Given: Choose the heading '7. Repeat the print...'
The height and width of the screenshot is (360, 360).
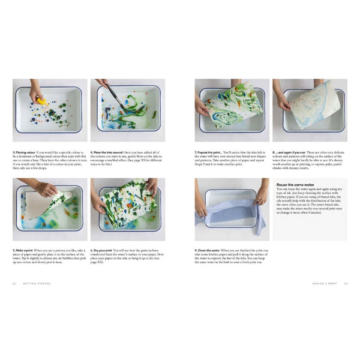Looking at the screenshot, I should click(x=211, y=152).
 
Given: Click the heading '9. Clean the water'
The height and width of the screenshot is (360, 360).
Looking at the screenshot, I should click(x=210, y=250).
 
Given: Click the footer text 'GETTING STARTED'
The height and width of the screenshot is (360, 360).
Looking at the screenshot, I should click(x=36, y=284).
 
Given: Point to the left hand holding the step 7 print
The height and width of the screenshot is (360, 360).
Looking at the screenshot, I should click(x=202, y=107).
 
